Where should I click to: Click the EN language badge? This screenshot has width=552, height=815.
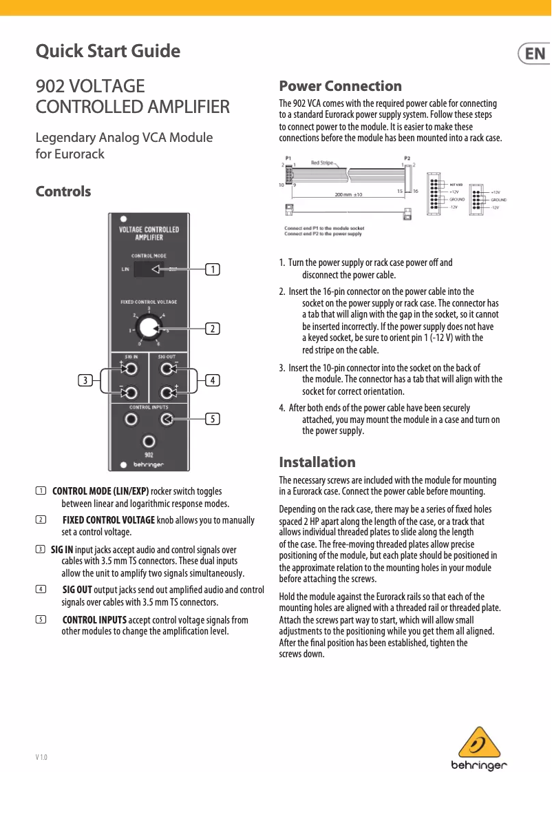point(533,54)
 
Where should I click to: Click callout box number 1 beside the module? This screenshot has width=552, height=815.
point(214,269)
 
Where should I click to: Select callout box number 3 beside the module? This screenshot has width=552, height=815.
point(85,380)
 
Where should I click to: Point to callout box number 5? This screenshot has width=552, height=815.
point(214,418)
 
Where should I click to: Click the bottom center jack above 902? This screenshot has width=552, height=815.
point(148,441)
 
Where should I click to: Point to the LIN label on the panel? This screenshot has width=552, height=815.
point(125,269)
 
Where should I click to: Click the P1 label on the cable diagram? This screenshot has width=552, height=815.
point(288,158)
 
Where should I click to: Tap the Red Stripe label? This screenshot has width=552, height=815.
point(321,163)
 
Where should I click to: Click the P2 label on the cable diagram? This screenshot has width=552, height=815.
point(407,158)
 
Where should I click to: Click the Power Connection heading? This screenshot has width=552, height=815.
point(340,86)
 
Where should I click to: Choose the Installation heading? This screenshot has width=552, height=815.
point(317,462)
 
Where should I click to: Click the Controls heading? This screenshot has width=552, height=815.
point(63,191)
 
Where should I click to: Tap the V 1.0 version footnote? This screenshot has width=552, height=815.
point(41,757)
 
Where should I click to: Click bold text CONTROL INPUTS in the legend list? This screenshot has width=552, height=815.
point(94,620)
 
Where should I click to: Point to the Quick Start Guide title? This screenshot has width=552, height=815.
point(108,51)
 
